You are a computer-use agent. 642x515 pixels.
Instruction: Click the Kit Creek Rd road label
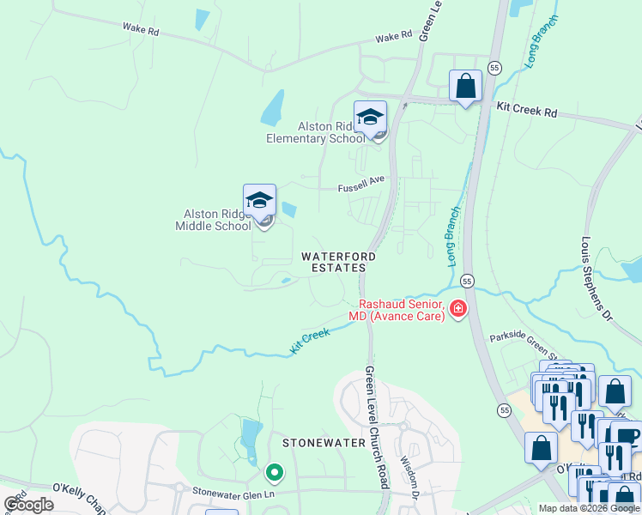coord(527,112)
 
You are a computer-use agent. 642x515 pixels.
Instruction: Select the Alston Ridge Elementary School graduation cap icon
coord(371,118)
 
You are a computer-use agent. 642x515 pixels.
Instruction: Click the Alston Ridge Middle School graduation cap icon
coord(259,201)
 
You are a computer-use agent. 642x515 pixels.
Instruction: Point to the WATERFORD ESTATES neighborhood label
coord(337,262)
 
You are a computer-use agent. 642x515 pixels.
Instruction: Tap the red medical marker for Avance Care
coord(457,308)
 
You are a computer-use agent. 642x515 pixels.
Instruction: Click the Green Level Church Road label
coord(376,427)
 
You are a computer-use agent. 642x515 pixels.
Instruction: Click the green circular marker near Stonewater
coord(275,472)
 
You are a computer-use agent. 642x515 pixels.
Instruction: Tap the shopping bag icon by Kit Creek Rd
coord(465,86)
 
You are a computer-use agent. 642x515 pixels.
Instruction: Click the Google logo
coord(29,505)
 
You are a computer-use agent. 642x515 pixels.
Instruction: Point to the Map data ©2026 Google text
coord(589,508)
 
